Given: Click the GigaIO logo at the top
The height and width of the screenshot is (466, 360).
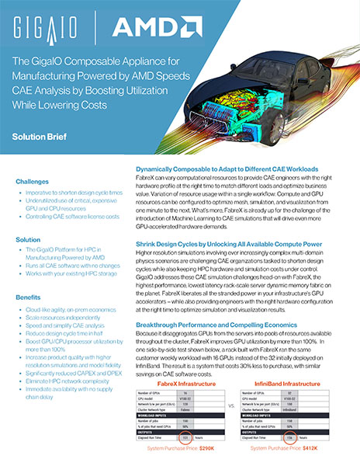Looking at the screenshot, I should click(x=47, y=30).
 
